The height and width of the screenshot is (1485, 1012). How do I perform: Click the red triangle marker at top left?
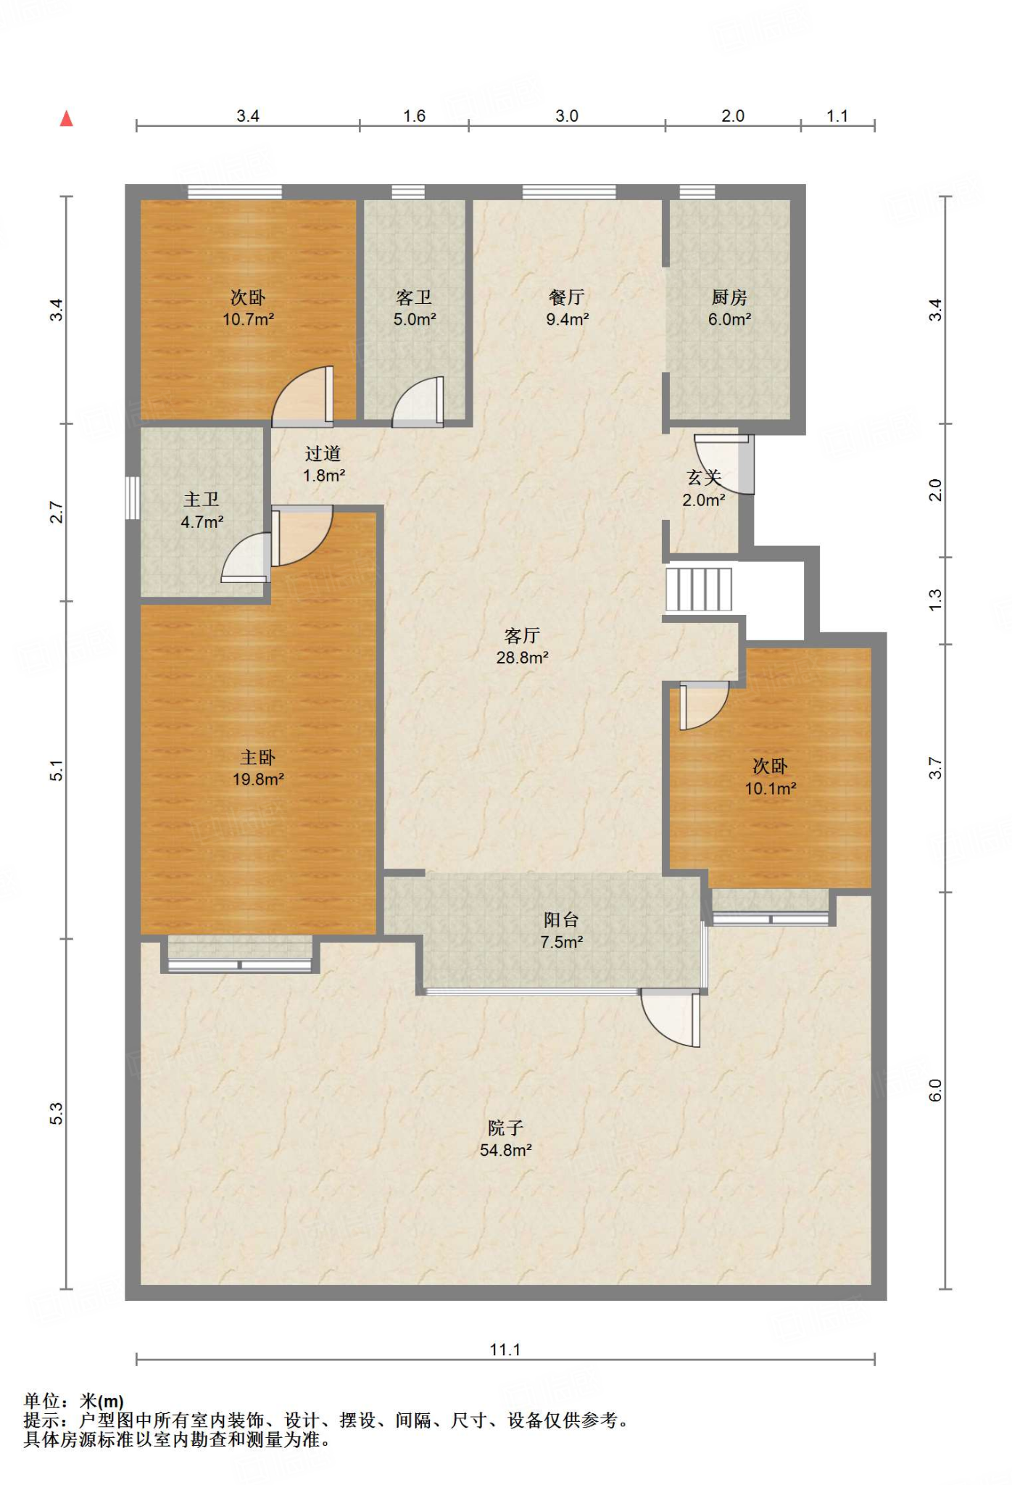click(x=67, y=118)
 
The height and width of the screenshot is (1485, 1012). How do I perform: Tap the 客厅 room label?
click(x=522, y=635)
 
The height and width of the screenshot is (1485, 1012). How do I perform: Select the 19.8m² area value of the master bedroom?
click(x=258, y=779)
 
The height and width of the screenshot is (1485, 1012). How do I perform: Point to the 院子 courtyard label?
click(x=505, y=1128)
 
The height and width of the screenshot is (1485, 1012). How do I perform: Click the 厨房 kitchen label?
click(x=729, y=297)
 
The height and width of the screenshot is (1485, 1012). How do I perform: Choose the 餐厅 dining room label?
click(x=567, y=297)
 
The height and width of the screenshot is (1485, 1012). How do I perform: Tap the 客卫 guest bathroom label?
click(x=414, y=297)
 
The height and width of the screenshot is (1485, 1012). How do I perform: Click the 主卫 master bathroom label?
click(x=202, y=500)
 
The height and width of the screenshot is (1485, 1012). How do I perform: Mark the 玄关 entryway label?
click(x=704, y=478)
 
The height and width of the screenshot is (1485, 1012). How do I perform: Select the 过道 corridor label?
click(x=323, y=454)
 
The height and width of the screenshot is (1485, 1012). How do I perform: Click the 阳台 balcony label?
click(x=561, y=920)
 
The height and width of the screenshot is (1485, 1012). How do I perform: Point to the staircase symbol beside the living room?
click(x=699, y=589)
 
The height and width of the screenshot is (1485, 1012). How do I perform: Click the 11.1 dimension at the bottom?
click(x=505, y=1349)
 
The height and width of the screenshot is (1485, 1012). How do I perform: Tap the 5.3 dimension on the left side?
click(x=57, y=1114)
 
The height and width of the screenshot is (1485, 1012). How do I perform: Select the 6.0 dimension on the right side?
click(x=935, y=1091)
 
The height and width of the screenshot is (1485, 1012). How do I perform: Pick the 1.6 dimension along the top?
click(x=414, y=116)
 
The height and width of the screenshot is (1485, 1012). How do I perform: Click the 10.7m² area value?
click(x=248, y=319)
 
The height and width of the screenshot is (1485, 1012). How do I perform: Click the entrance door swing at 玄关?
click(x=724, y=464)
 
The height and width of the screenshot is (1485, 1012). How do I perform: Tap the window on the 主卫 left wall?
click(x=132, y=497)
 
